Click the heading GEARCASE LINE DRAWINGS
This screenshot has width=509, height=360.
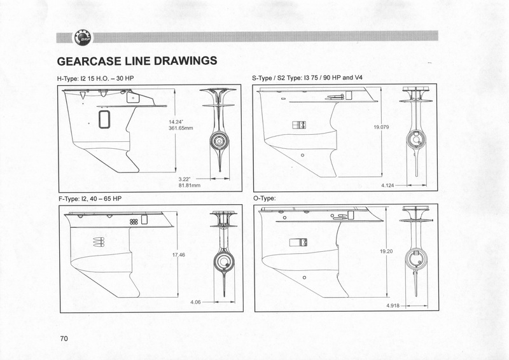click(x=139, y=61)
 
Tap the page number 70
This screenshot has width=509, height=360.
click(x=64, y=337)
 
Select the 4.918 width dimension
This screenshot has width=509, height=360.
click(x=394, y=306)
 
